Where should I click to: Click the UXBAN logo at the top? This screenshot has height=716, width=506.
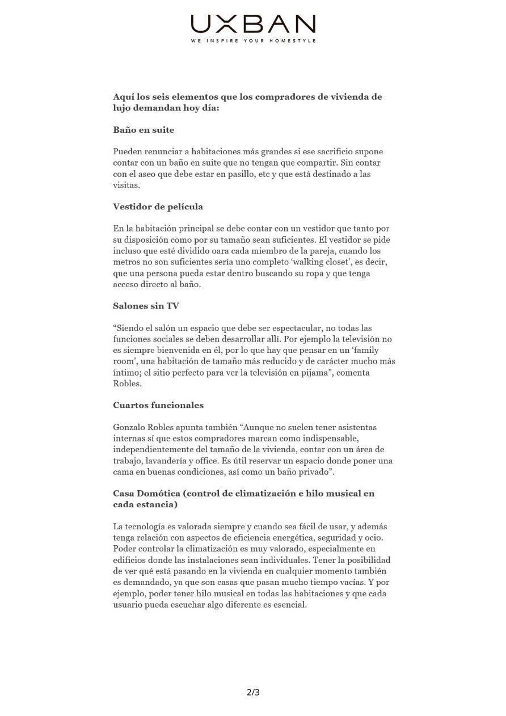(x=253, y=24)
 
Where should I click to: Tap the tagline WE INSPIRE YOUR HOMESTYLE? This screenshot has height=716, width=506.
(x=253, y=41)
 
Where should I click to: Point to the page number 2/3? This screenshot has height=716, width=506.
(x=253, y=692)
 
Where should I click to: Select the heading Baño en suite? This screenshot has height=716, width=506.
(x=144, y=130)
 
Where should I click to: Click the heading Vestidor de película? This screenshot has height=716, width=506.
(x=158, y=207)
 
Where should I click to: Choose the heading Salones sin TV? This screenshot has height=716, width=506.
(x=146, y=306)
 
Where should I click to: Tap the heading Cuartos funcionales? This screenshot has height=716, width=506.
(x=158, y=405)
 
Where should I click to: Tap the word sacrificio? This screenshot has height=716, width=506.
(x=323, y=151)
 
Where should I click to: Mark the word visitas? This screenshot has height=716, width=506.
(x=126, y=185)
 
